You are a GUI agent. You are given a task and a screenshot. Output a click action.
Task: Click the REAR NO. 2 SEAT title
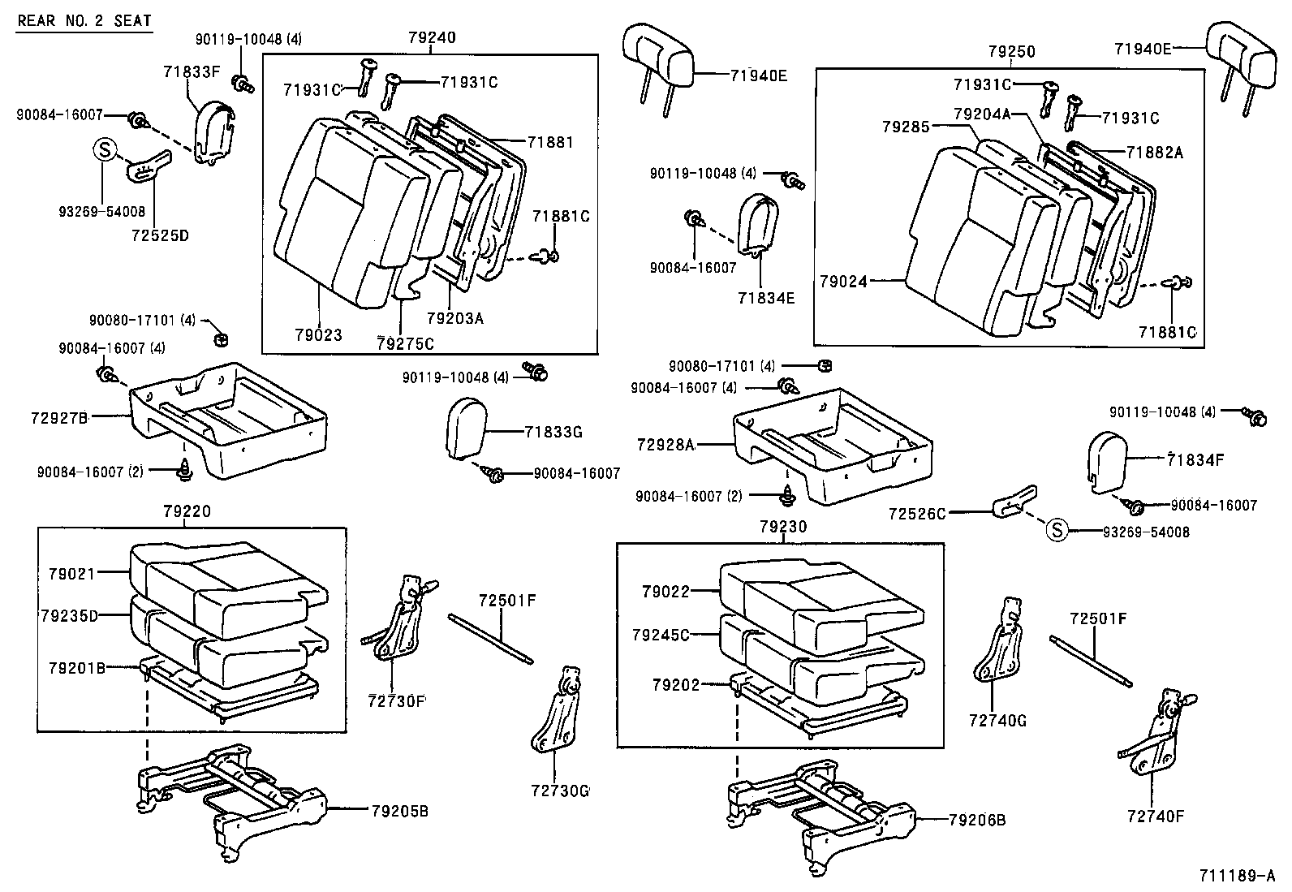(84, 20)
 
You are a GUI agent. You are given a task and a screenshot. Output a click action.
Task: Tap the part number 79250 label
(1011, 51)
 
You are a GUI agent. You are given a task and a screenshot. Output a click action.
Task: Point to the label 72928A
(665, 445)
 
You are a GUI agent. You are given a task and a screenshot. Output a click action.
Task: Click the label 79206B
(977, 821)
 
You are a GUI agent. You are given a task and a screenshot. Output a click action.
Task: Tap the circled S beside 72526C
(1057, 532)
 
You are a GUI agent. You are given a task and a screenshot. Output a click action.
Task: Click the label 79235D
(68, 616)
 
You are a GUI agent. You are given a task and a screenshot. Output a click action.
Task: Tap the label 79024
(843, 282)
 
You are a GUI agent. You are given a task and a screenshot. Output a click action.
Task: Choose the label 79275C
(405, 343)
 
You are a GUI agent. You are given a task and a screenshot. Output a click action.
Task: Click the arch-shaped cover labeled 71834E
(760, 223)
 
